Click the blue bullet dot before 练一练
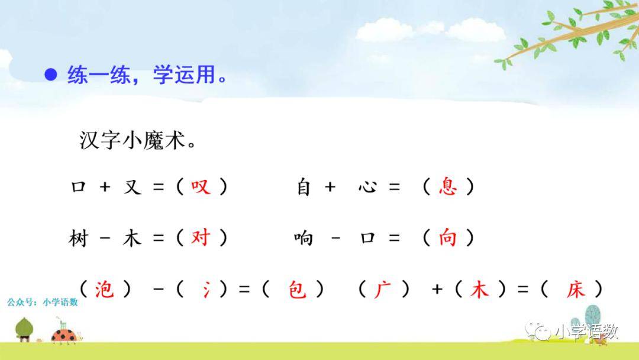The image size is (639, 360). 50,74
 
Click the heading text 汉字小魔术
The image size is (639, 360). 137,141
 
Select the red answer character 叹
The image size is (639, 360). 201,187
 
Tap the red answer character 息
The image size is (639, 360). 448,187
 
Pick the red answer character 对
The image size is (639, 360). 201,237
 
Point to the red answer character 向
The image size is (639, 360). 447,237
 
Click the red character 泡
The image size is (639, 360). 104,289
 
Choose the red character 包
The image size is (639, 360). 297,290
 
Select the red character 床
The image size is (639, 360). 576,290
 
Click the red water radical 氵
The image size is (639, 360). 206,290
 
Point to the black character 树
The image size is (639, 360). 78,238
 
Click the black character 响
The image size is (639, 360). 304,238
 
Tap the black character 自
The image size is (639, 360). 304,187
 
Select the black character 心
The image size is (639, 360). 367,187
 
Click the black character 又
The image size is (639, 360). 133,187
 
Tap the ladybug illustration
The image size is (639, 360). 65,333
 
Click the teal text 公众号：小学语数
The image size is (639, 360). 43,302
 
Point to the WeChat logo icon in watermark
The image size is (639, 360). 538,330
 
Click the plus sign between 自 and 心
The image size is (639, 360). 330,187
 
